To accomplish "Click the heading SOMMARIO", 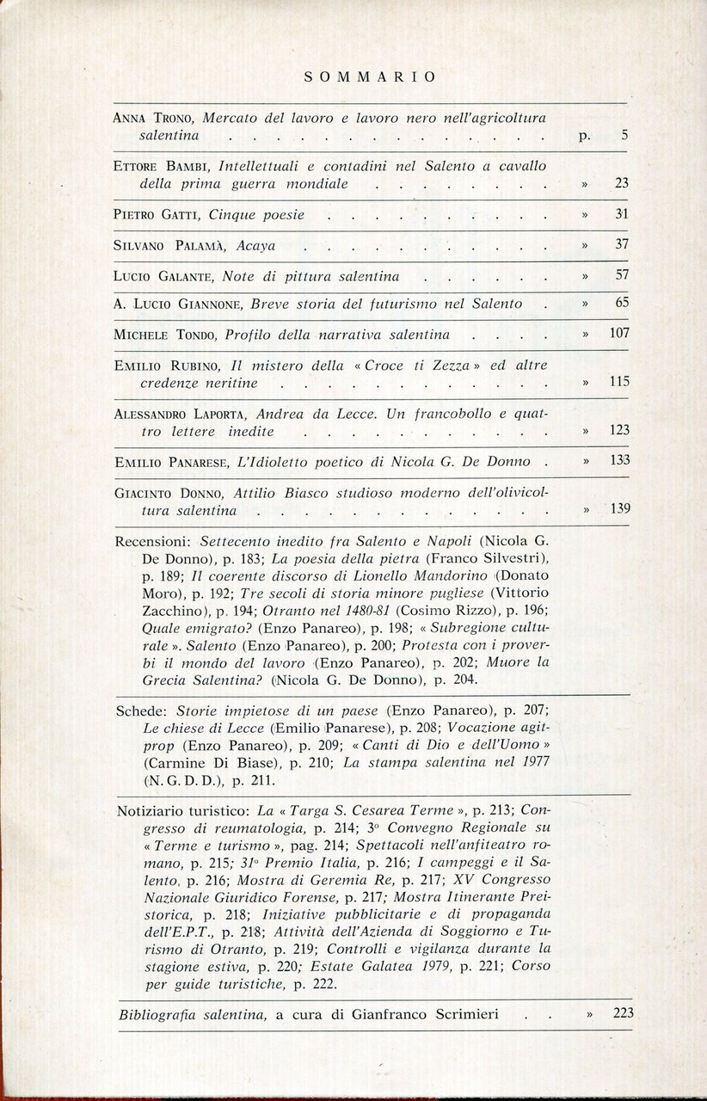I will click(370, 77).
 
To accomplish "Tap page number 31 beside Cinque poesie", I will click(623, 214).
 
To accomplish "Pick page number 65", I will click(623, 303).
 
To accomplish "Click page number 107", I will click(619, 333).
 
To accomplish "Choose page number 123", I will click(619, 430).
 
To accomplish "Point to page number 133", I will click(619, 460).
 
